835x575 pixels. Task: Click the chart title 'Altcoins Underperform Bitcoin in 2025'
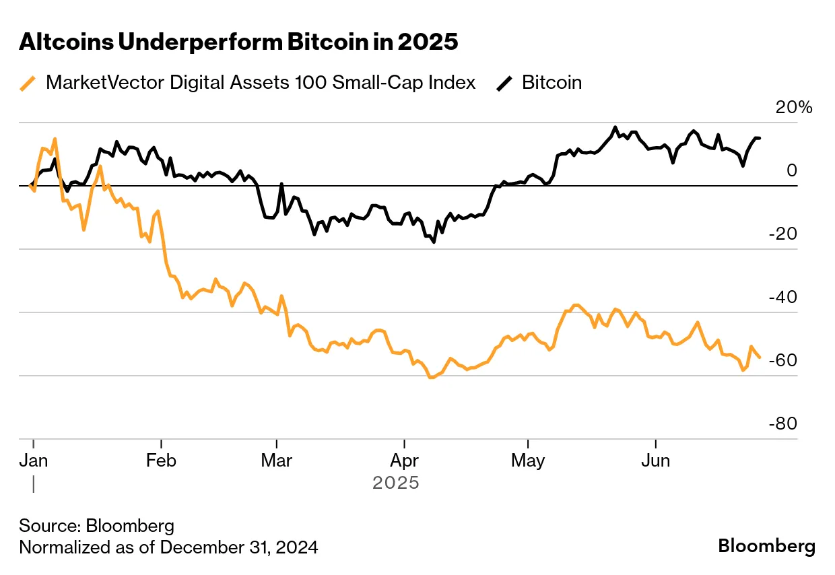pos(238,42)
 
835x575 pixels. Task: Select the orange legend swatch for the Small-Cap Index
pos(28,83)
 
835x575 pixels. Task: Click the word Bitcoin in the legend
pos(552,83)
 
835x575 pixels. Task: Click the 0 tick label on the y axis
pos(792,170)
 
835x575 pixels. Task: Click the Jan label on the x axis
pos(33,461)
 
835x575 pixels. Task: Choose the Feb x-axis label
pos(161,461)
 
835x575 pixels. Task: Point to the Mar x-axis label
pos(276,461)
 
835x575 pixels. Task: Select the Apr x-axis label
pos(404,461)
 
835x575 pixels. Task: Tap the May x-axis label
pos(529,461)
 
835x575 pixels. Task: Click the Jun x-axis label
pos(656,461)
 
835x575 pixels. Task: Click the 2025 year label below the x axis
pos(396,483)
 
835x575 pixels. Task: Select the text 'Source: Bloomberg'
pos(96,526)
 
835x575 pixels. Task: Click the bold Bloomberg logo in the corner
pos(766,545)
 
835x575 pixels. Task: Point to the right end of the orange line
pos(760,357)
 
